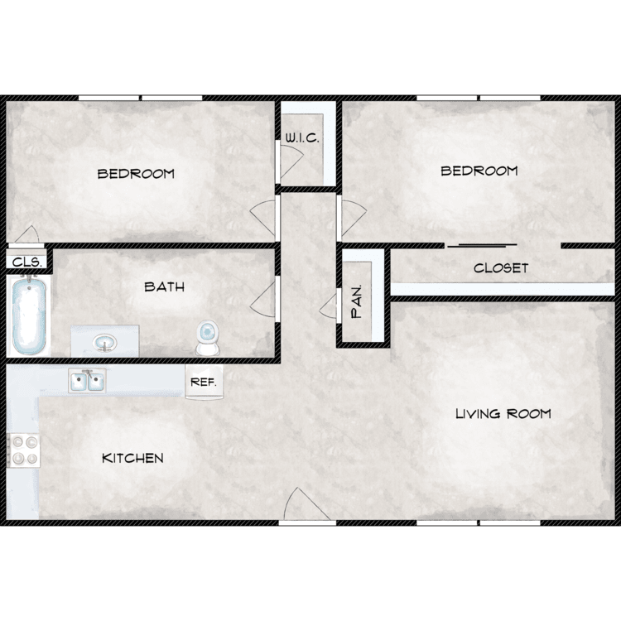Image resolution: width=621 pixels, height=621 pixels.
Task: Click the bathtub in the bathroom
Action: point(28,315)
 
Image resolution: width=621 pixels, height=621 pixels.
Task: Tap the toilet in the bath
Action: point(208,338)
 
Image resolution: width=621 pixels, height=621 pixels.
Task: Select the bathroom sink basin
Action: point(105,342)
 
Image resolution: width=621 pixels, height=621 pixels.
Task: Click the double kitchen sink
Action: point(87,381)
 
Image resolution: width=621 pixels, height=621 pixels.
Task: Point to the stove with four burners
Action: point(24,450)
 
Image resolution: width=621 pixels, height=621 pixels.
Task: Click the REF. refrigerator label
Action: point(204,383)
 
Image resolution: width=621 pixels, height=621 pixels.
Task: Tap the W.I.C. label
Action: point(301,137)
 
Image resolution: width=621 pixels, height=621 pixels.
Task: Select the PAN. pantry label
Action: point(357,301)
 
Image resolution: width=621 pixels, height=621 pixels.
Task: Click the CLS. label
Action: point(27,262)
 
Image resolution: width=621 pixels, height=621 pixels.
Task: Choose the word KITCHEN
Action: point(132,458)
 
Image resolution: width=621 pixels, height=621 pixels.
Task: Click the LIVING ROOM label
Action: point(503,414)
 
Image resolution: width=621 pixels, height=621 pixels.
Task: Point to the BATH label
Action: point(165,286)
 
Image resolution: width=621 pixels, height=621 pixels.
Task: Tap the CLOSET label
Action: point(501,268)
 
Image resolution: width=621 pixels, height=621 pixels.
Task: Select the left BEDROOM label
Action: point(136,174)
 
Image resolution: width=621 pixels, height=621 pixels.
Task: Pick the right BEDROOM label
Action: point(479,171)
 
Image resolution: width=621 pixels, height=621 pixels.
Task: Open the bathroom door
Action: point(262,299)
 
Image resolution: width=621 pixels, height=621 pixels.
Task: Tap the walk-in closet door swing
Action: point(291,161)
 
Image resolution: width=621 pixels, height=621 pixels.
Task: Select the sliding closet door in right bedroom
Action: point(483,246)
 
